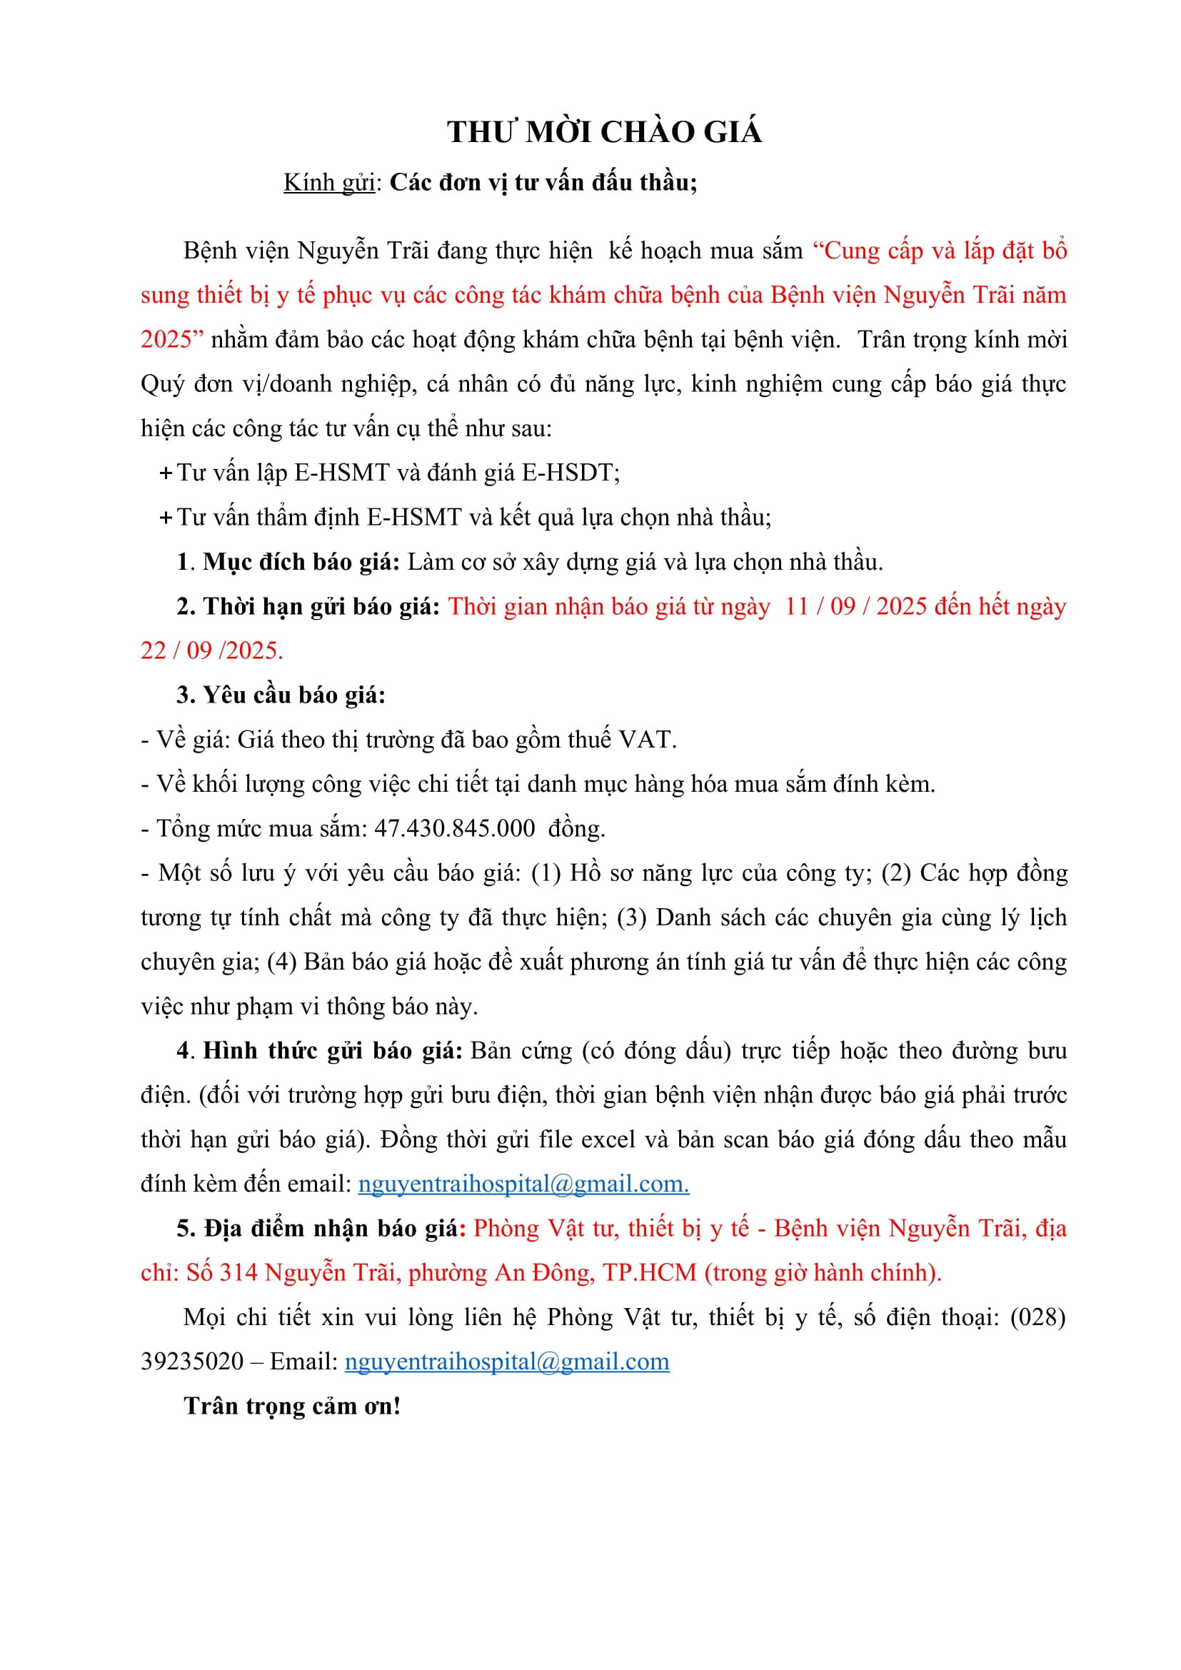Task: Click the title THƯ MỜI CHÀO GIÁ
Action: tap(604, 132)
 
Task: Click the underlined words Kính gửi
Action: tap(328, 183)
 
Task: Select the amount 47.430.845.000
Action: tap(455, 828)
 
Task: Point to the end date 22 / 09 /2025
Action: tap(211, 651)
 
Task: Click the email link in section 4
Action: tap(523, 1184)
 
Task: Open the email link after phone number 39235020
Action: tap(507, 1362)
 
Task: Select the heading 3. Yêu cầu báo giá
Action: tap(281, 695)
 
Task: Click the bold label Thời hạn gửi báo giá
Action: tap(321, 607)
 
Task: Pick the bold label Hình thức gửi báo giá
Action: tap(332, 1051)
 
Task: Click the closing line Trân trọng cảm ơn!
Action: tap(292, 1406)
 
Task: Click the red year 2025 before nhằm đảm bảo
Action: tap(166, 340)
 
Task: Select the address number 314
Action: tap(238, 1273)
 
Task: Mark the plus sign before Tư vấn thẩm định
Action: tap(166, 518)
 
